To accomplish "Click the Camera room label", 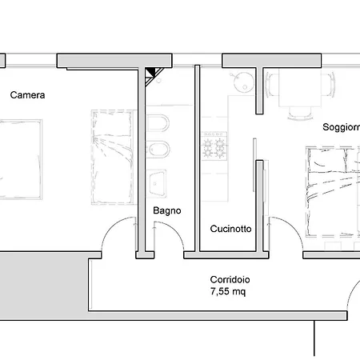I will point(28,94).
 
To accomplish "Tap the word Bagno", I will point(167,211).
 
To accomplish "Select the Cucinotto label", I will point(231,228).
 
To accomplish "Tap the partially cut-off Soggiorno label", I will point(341,127).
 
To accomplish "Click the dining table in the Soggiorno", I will point(296,88).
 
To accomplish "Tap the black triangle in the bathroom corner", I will point(152,74).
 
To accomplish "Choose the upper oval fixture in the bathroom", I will point(158,125).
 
